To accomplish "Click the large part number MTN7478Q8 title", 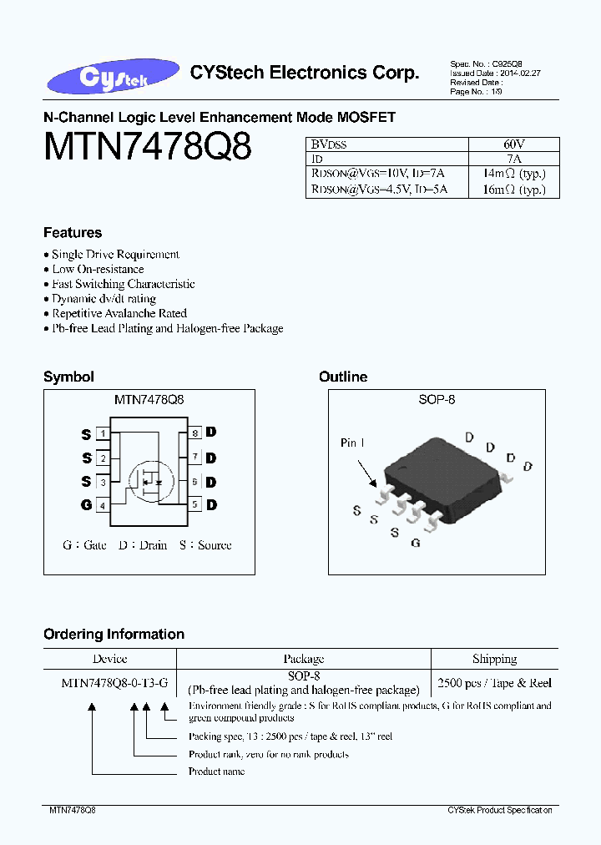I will point(147,147).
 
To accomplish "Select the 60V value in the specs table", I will point(513,144).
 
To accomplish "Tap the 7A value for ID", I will point(513,159).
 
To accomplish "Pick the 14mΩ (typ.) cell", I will point(513,174).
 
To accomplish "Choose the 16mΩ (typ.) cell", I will point(513,190).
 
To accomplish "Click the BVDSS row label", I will point(329,144).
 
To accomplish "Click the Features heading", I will point(73,233).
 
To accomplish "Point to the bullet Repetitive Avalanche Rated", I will point(119,313).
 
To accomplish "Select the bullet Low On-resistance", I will point(98,269).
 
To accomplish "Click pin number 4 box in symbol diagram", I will point(103,505).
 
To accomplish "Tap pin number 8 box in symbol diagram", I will point(194,433).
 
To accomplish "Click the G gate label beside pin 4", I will point(86,505).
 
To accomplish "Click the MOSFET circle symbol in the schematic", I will point(151,479).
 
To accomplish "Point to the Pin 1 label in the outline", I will point(352,443).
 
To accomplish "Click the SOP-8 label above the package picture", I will point(437,400).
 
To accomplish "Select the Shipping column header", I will point(494,660).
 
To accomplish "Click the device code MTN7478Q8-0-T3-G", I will point(114,683).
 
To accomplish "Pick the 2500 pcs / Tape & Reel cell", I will point(494,683).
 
